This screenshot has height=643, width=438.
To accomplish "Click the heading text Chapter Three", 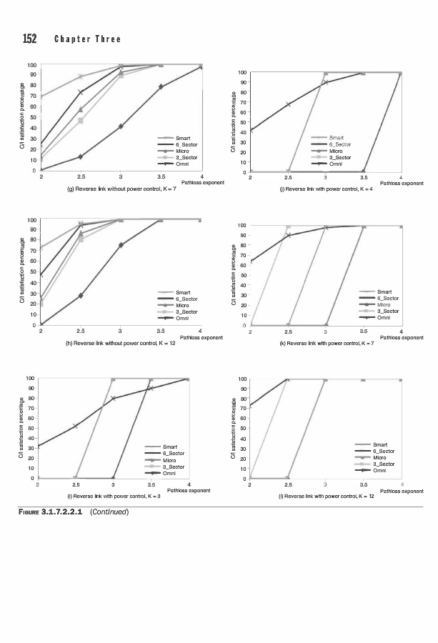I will tap(87, 39).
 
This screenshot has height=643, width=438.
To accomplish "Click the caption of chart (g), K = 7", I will tap(121, 191).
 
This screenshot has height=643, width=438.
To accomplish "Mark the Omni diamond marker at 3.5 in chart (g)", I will tap(161, 86).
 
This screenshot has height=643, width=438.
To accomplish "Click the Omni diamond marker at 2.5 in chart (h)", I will tap(81, 295).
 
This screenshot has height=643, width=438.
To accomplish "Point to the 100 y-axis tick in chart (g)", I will tap(32, 66).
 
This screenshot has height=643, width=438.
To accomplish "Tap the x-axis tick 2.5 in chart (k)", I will tap(288, 332).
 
